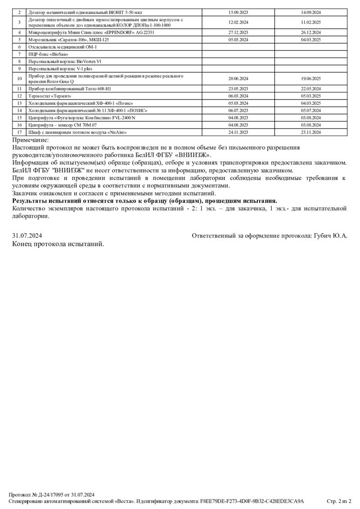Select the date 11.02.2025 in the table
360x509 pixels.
[311, 22]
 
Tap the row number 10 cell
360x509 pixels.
[19, 79]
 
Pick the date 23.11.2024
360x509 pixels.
[311, 132]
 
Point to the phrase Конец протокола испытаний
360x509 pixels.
[58, 244]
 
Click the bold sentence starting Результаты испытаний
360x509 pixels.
[144, 201]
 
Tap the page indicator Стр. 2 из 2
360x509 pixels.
[338, 501]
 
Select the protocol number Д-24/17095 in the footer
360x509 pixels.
[49, 495]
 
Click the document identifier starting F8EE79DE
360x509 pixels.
[252, 501]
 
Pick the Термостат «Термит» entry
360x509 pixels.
[50, 96]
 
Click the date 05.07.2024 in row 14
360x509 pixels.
[311, 110]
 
